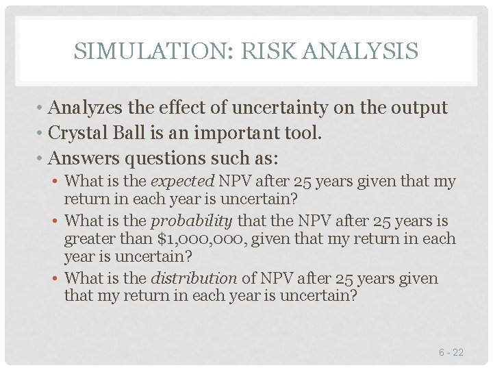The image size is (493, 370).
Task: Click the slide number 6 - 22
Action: [x=451, y=352]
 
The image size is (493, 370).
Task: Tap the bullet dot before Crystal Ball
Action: [x=42, y=134]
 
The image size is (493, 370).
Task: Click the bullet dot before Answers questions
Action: [x=42, y=159]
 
